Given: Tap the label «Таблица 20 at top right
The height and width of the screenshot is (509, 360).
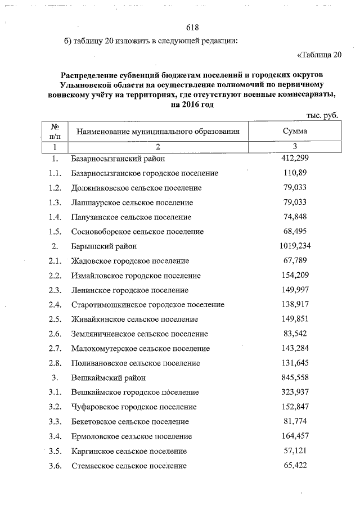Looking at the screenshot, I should [319, 55].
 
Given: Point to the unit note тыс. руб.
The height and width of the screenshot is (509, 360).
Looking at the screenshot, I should [322, 115].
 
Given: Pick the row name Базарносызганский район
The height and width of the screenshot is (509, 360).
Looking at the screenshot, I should [116, 159].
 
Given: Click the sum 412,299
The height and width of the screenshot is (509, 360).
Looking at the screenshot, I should [295, 159].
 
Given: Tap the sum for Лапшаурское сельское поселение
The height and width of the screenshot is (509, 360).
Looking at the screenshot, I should [295, 202].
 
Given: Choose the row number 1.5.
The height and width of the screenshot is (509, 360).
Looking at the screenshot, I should [55, 232].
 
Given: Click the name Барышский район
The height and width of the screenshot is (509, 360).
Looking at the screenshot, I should [104, 246].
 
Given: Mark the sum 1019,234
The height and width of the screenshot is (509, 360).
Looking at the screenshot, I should [295, 246].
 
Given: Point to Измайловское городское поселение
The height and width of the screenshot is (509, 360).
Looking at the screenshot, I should [136, 276].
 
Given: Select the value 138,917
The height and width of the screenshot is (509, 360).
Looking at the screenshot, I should [295, 304].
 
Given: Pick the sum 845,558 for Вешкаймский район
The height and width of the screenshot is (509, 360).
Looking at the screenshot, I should [295, 377].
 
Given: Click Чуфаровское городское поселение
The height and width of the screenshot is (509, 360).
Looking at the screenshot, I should [134, 407].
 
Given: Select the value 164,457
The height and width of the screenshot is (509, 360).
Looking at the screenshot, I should [295, 436].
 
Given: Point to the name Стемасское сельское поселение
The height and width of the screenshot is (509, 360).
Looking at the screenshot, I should [129, 466].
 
